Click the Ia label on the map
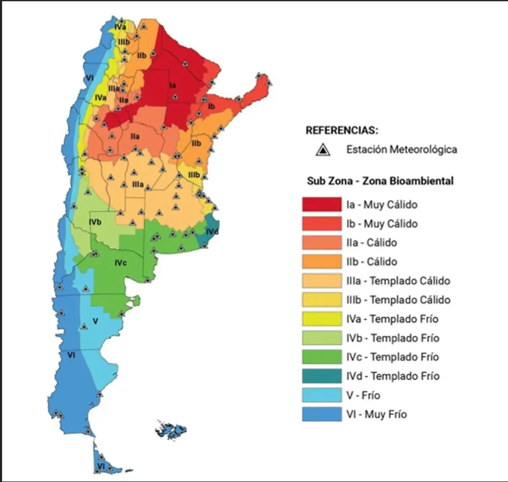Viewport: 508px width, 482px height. [173, 85]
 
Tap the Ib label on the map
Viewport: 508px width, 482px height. [212, 106]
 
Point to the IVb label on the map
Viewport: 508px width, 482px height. [95, 222]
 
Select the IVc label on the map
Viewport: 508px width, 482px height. [121, 263]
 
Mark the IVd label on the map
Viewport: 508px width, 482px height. [212, 232]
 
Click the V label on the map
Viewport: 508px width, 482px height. [95, 321]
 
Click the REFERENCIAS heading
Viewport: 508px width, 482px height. [342, 130]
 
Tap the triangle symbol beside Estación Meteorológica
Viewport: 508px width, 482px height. [323, 150]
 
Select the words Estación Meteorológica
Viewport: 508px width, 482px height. [401, 149]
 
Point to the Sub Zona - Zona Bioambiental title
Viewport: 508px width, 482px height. [380, 181]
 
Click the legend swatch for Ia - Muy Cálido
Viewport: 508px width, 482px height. [322, 205]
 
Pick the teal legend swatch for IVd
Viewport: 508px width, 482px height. [322, 376]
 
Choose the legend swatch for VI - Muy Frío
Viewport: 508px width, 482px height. [322, 414]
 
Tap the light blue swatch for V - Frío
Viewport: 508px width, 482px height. [322, 395]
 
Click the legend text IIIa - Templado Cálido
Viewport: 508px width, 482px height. [398, 281]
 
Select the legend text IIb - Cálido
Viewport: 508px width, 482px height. [372, 262]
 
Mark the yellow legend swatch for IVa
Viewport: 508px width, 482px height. [322, 319]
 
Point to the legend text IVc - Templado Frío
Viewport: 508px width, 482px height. [392, 357]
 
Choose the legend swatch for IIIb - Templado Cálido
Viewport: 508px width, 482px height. [322, 300]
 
